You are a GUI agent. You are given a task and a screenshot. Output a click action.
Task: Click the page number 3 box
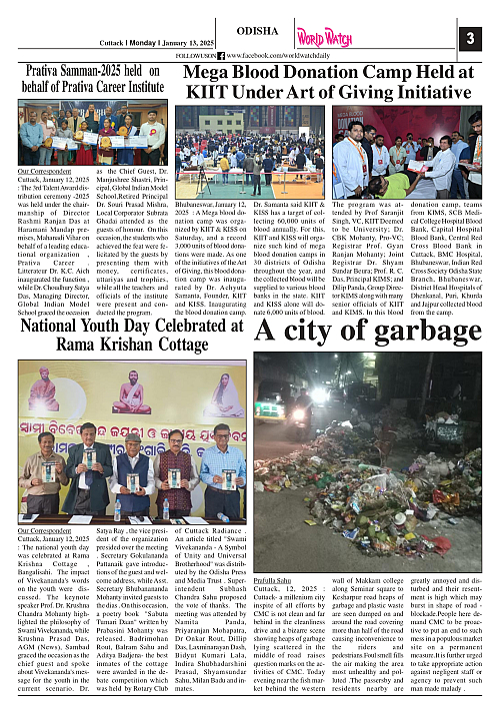pyautogui.click(x=470, y=39)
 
